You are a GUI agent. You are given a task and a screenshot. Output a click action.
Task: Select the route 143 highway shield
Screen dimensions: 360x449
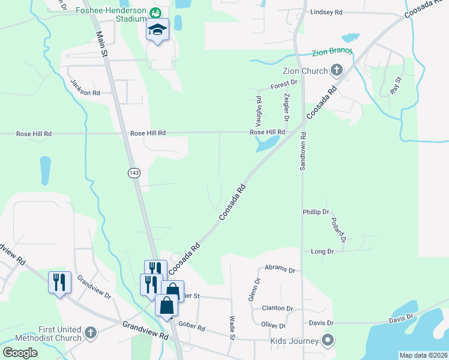tap(134, 173)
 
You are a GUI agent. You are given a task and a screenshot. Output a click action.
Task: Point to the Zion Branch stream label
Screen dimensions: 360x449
tap(331, 53)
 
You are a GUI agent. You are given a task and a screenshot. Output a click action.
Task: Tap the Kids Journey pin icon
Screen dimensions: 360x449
tap(328, 340)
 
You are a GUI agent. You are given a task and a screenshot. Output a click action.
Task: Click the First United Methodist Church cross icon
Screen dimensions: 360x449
tap(90, 332)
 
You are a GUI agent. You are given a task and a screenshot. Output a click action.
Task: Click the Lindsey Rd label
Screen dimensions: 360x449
tap(326, 12)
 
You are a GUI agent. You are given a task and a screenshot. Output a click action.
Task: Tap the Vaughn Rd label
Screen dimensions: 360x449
tap(259, 107)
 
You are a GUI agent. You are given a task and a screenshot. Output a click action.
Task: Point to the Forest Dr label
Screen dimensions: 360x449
tap(284, 83)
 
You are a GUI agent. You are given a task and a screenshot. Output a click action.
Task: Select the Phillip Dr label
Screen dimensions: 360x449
tap(316, 212)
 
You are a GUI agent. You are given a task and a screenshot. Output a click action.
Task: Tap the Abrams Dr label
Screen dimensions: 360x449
tap(280, 270)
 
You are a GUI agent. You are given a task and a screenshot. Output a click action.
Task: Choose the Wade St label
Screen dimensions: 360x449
tap(232, 328)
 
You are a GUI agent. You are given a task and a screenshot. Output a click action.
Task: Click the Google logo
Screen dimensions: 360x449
tap(20, 352)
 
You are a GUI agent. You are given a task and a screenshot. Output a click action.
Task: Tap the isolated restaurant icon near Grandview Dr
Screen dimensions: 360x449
tap(59, 282)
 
